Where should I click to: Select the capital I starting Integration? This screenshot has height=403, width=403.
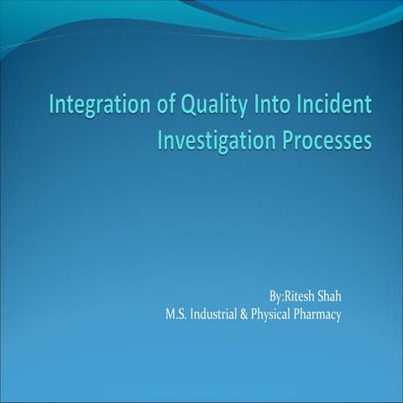53,107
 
